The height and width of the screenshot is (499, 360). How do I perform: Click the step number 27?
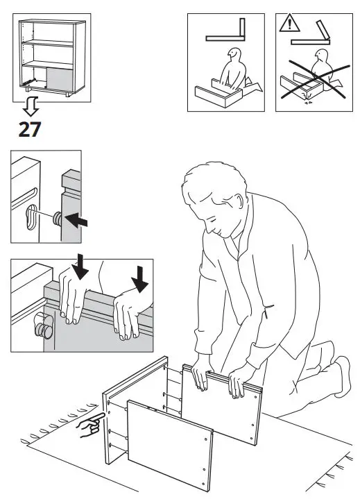click(x=29, y=129)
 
